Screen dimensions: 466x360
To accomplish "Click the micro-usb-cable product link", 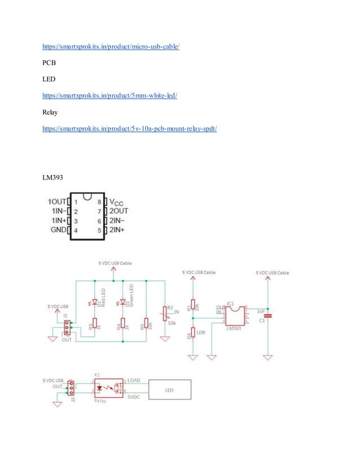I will click(111, 46).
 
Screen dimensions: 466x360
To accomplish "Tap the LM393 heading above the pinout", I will click(52, 178).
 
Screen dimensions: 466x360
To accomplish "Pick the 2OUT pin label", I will click(119, 211).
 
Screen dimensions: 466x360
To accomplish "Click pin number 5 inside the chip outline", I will click(99, 230).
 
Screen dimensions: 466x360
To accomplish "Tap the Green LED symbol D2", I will click(122, 302).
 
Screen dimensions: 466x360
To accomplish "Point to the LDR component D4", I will click(194, 333).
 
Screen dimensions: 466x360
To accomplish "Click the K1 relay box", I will click(107, 388).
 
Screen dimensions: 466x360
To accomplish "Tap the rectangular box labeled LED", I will click(169, 389).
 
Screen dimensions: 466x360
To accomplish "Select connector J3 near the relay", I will click(71, 388).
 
